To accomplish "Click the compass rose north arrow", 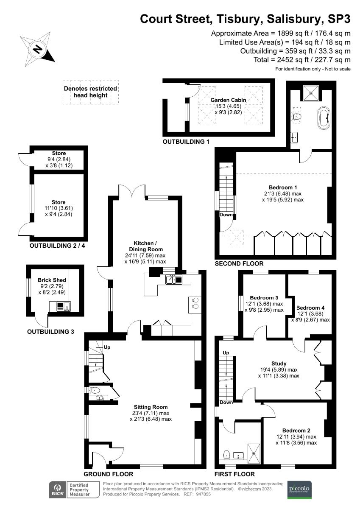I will pyautogui.click(x=38, y=49).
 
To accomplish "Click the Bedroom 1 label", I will pyautogui.click(x=283, y=187).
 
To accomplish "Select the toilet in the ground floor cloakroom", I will pyautogui.click(x=95, y=390).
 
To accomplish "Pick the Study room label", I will pyautogui.click(x=279, y=364).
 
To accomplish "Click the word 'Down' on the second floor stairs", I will pyautogui.click(x=226, y=215).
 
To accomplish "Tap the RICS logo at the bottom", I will pyautogui.click(x=56, y=489).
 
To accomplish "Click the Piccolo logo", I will pyautogui.click(x=299, y=489).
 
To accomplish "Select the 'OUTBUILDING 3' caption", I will pyautogui.click(x=50, y=331).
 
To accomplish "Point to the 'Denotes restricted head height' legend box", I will pyautogui.click(x=90, y=92).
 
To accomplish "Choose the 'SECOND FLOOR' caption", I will pyautogui.click(x=239, y=263).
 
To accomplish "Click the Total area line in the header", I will pyautogui.click(x=302, y=60).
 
